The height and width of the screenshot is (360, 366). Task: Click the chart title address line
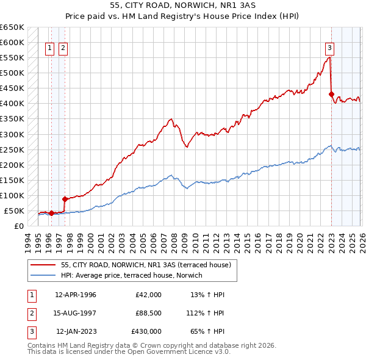click(x=183, y=5)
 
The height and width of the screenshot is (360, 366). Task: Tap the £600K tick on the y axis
click(x=12, y=42)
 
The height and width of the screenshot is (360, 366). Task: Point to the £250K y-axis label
click(x=12, y=149)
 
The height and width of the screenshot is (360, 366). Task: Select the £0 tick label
click(x=18, y=226)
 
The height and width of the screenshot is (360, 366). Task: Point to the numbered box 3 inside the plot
click(x=329, y=48)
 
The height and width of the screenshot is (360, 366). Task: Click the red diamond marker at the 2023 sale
click(x=331, y=94)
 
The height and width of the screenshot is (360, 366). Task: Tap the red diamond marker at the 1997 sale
click(x=65, y=198)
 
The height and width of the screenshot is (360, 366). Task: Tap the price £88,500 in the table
click(x=148, y=313)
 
